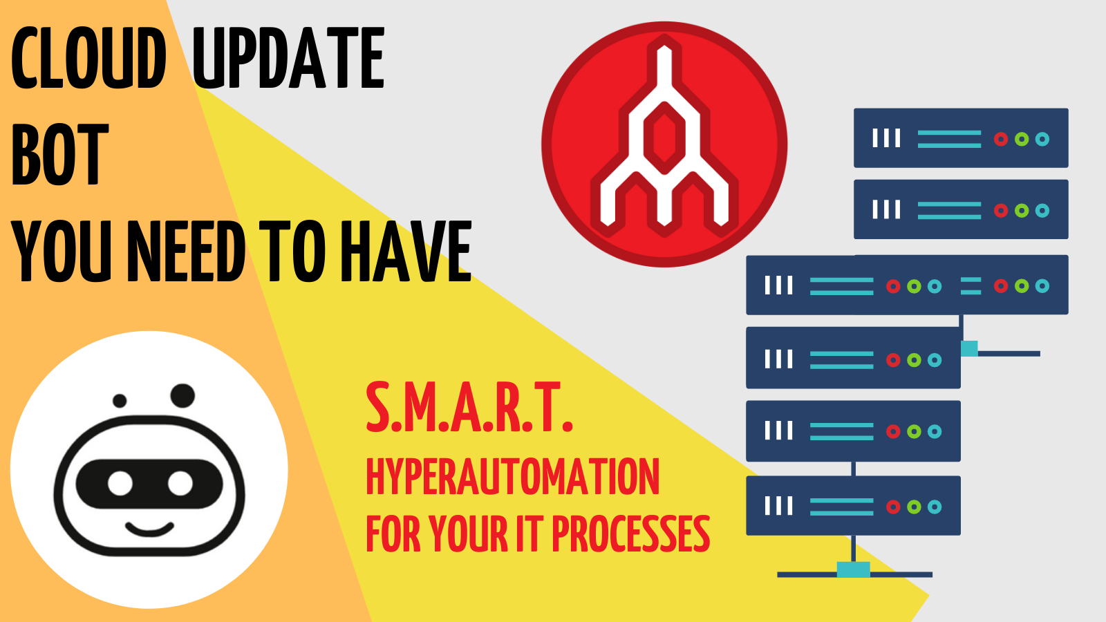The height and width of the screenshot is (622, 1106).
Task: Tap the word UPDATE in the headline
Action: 288,58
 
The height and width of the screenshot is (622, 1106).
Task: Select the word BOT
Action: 59,154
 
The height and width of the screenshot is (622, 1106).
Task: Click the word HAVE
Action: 406,251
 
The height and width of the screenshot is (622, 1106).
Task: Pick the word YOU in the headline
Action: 62,251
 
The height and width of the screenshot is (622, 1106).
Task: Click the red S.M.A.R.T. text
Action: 469,407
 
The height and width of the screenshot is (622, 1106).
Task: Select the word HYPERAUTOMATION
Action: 512,476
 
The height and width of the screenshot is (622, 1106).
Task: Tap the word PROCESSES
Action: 630,534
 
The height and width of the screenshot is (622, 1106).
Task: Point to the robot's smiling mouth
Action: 149,528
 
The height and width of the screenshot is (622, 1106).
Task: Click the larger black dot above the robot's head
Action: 182,395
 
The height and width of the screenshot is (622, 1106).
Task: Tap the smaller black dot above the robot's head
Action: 120,400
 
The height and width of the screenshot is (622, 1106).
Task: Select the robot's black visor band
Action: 149,483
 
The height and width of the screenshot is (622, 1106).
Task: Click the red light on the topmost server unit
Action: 1001,139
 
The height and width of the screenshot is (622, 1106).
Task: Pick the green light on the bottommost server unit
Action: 914,507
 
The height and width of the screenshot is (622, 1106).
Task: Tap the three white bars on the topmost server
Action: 886,138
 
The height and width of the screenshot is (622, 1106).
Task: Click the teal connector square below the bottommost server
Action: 853,569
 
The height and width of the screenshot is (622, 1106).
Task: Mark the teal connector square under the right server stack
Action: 969,348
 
